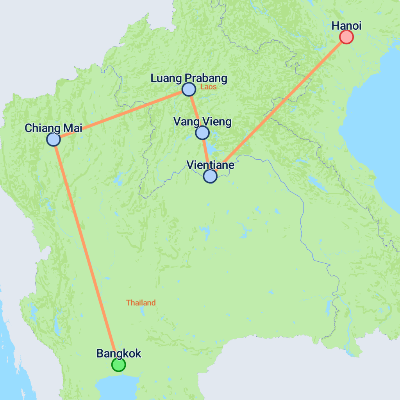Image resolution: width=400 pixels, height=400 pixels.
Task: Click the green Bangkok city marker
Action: point(118,364)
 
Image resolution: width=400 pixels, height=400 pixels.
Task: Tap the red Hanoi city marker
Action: point(346,37)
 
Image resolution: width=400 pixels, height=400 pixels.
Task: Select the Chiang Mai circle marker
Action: point(53,139)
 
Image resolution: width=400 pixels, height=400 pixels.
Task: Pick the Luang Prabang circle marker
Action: point(189,89)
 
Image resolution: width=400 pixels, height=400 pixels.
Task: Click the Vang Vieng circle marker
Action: point(202,133)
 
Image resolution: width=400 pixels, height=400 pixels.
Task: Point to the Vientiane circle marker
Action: point(210,176)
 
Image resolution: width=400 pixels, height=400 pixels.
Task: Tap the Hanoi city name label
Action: point(346,26)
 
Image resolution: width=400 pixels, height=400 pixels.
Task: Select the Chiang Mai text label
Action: point(53,128)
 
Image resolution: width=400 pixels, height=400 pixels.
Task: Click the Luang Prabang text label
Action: point(189,79)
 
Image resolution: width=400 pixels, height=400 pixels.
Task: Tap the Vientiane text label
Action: point(210,165)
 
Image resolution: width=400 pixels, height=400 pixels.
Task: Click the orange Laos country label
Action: point(208,87)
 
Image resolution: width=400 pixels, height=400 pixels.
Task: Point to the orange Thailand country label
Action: point(141,303)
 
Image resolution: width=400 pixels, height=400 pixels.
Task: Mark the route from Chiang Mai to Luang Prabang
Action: point(121,114)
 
